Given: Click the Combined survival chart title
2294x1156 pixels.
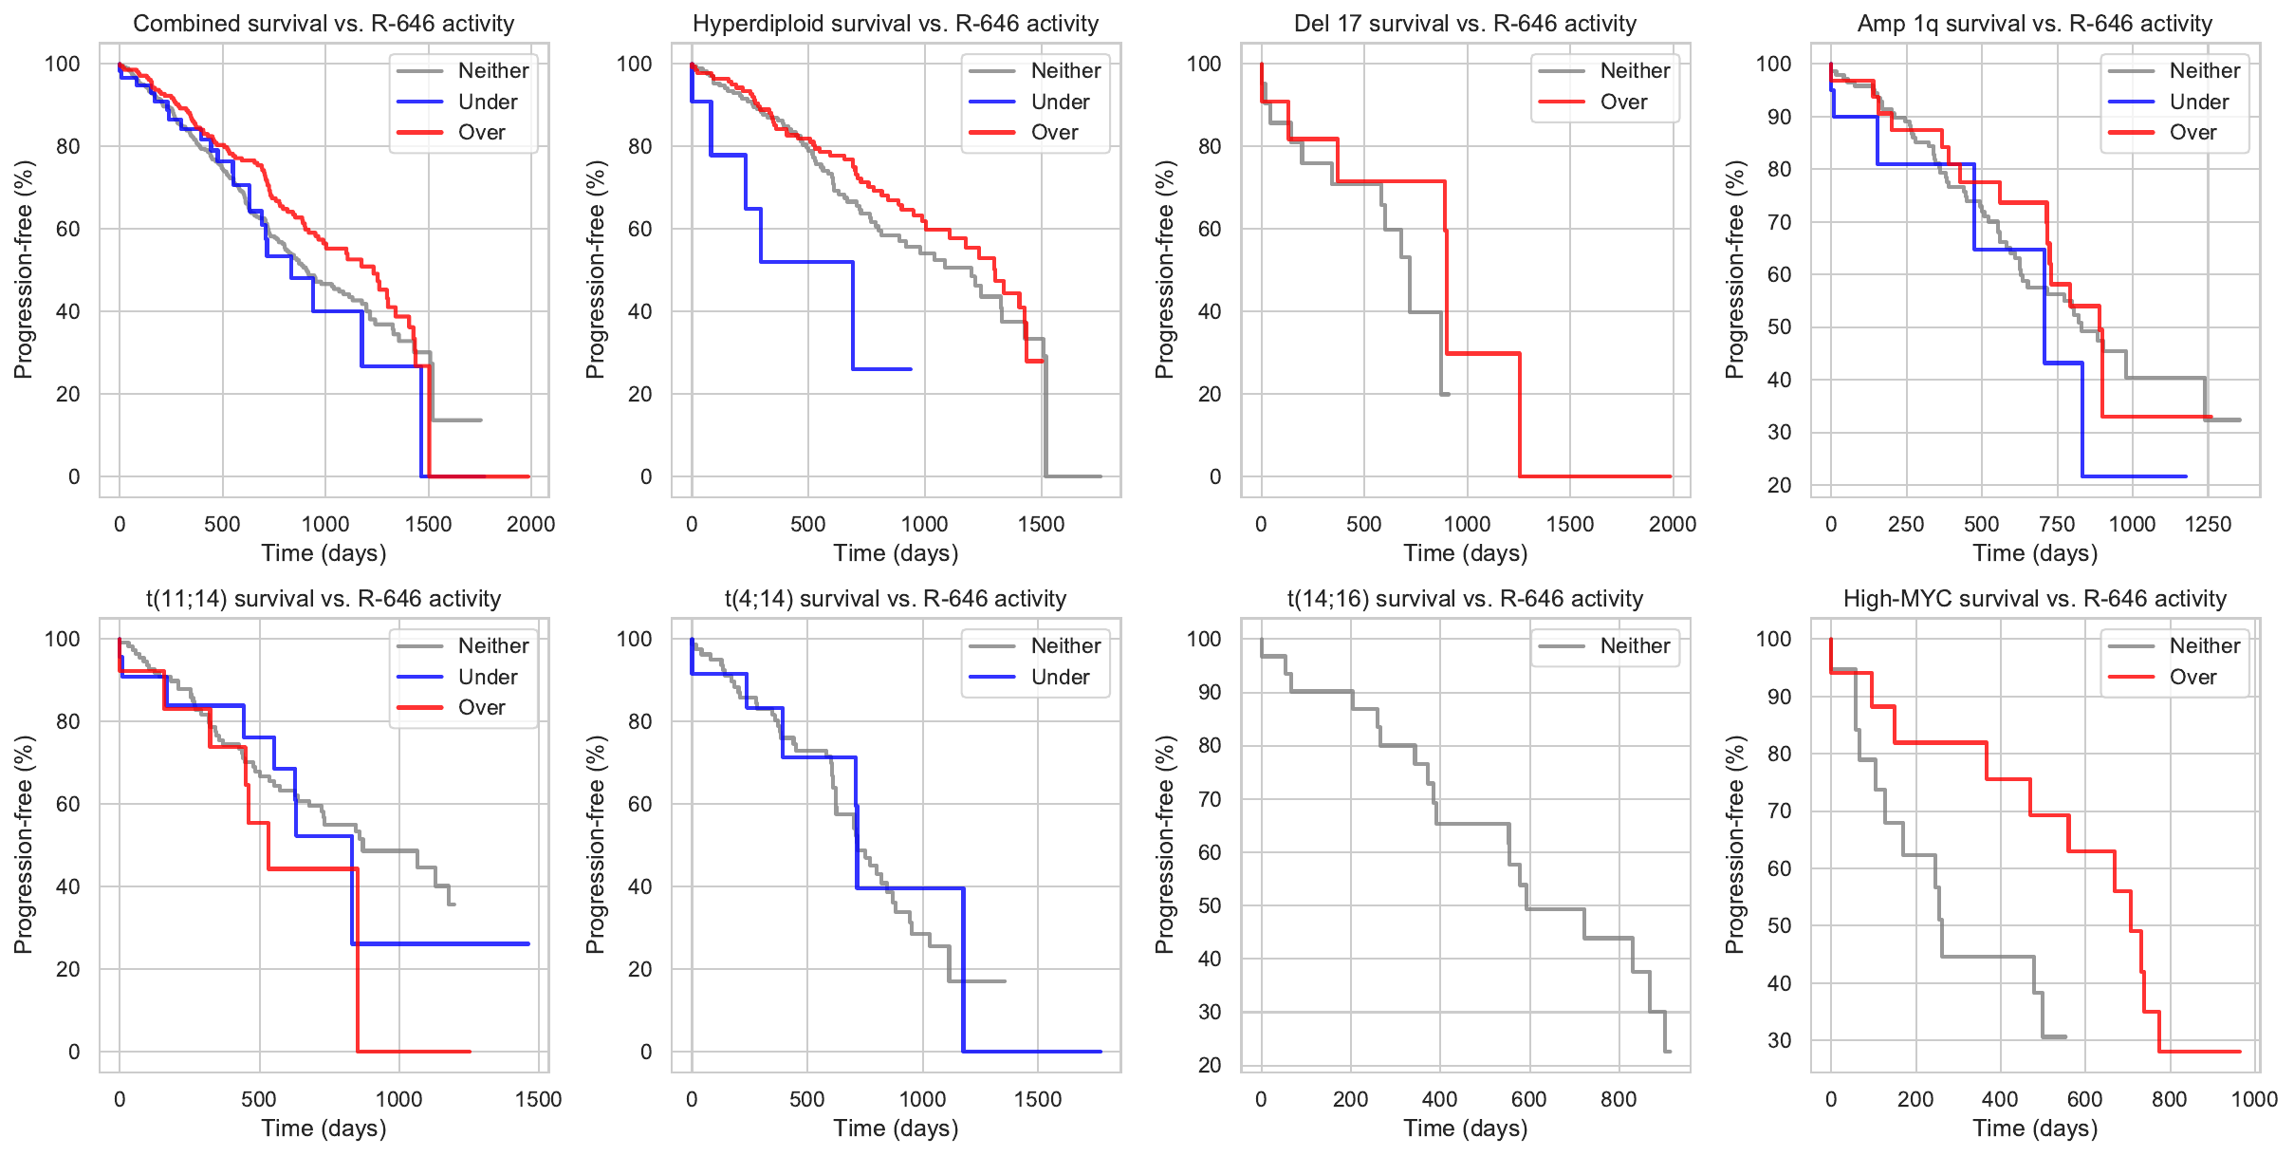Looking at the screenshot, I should (324, 24).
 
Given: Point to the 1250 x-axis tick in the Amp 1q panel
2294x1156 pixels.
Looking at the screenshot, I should (2208, 524).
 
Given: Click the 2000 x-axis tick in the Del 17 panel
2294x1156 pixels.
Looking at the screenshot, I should (1672, 524).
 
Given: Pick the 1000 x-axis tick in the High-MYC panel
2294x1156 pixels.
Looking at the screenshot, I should (2254, 1099).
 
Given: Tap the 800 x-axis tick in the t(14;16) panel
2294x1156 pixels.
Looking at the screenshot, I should (1619, 1099).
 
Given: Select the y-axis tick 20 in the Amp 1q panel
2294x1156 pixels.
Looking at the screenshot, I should (1780, 485).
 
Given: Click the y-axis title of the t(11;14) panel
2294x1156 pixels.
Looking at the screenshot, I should (24, 845).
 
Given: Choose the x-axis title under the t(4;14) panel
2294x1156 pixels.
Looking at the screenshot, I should (896, 1128).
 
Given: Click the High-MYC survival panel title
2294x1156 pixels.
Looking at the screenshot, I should (2034, 599).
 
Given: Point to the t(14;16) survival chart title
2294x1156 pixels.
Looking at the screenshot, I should (1465, 599).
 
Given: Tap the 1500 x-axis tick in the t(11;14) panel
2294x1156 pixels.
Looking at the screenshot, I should (538, 1099).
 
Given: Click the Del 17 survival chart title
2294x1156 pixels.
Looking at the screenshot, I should (1465, 24).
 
